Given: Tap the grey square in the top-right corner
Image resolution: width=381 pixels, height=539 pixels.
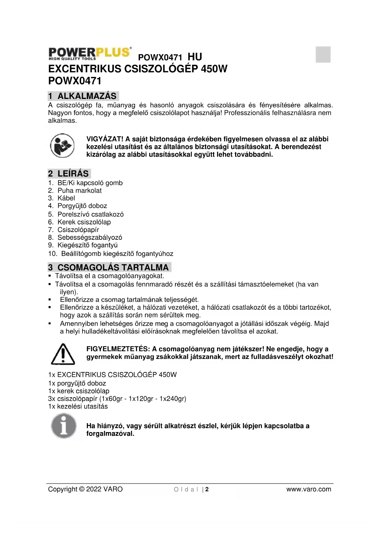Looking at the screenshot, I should point(323,54).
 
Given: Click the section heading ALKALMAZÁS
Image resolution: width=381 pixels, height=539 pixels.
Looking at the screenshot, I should point(87,96).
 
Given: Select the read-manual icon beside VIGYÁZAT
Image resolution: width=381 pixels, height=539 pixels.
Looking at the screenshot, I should point(62,146).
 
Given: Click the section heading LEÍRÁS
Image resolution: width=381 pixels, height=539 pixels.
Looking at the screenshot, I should point(73,174).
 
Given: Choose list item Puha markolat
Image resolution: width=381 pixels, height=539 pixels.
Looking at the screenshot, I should point(80,191).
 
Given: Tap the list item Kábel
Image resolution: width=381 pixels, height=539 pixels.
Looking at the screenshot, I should point(66,198).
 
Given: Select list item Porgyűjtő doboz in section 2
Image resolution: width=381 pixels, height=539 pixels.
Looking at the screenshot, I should point(82,206).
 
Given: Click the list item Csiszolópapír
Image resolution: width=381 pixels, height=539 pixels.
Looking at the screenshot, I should point(78,230).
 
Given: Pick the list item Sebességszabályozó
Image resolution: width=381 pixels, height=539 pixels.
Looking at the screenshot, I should point(90,238).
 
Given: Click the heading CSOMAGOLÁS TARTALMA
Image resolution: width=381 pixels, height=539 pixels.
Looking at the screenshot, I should point(113,267).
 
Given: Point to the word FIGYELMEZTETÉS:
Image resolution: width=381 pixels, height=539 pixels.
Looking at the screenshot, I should point(118,349).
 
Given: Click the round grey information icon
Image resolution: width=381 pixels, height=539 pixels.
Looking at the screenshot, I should point(64,426).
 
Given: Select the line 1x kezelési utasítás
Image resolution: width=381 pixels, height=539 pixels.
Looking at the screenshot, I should point(78,407).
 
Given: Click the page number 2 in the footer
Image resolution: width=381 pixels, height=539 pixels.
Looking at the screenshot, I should point(207,490).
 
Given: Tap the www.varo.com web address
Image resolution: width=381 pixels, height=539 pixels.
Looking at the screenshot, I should point(309,490).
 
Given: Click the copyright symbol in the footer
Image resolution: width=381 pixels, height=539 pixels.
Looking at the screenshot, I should point(82,490).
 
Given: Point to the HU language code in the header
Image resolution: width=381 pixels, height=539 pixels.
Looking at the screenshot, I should point(195,57).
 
